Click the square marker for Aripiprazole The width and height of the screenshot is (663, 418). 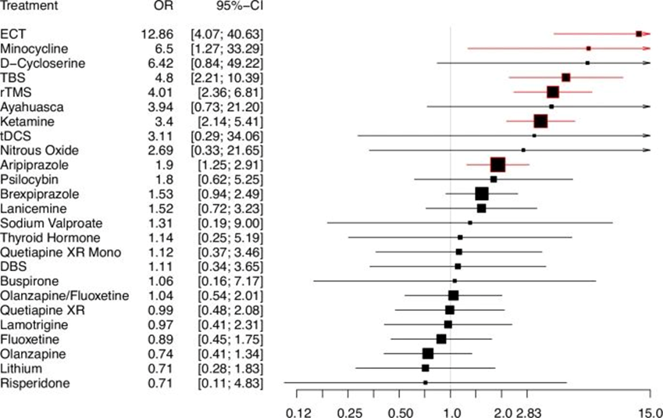[498, 165]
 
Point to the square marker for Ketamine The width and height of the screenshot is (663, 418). [540, 121]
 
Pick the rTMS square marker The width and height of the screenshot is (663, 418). [553, 92]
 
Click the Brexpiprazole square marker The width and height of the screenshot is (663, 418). [482, 194]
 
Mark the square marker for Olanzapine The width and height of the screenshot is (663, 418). [428, 353]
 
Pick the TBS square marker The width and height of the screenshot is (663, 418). [566, 77]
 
